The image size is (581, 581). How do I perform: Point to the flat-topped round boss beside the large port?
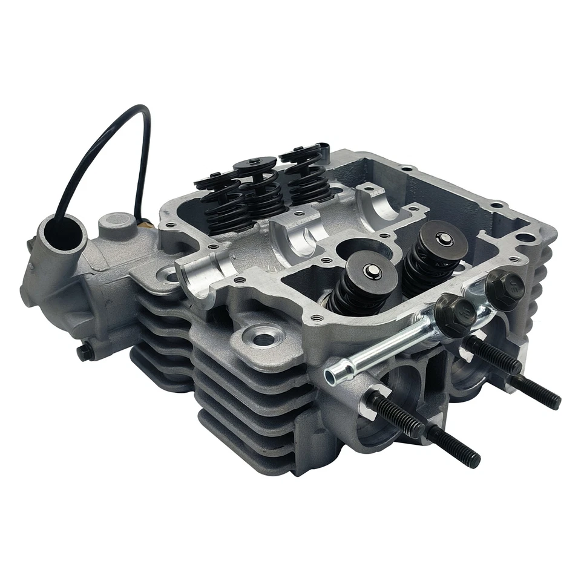[x=116, y=222]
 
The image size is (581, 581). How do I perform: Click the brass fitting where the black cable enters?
[x=145, y=223]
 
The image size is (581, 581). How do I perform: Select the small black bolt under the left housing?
[x=85, y=352]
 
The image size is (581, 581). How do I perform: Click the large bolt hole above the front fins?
[x=263, y=338]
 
